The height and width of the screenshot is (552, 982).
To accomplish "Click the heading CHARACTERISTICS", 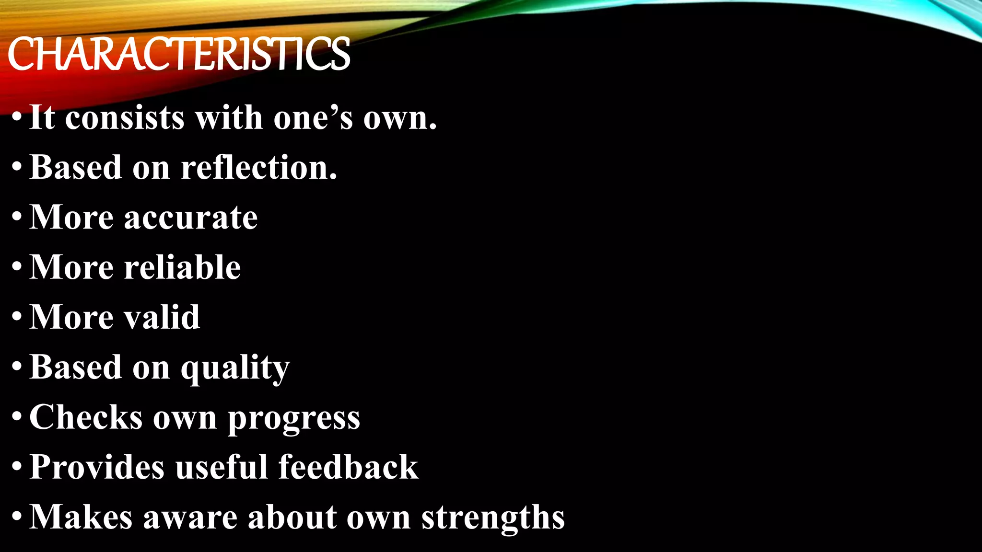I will pyautogui.click(x=178, y=55).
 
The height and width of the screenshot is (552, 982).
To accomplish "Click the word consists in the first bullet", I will pyautogui.click(x=125, y=117).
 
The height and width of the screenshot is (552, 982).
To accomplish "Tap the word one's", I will pyautogui.click(x=313, y=117).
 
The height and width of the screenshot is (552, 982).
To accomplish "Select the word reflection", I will pyautogui.click(x=259, y=168).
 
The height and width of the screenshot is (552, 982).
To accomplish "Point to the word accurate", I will pyautogui.click(x=191, y=218).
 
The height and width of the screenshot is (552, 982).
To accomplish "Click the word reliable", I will pyautogui.click(x=182, y=267).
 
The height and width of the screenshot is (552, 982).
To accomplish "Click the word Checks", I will pyautogui.click(x=86, y=417).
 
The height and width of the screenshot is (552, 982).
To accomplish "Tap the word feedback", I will pyautogui.click(x=348, y=467).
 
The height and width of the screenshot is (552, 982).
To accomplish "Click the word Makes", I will pyautogui.click(x=81, y=517).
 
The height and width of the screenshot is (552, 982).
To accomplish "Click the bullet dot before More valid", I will pyautogui.click(x=17, y=317).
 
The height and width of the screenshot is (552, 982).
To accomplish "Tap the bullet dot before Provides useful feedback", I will pyautogui.click(x=17, y=466).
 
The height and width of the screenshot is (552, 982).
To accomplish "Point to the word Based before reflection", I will pyautogui.click(x=76, y=168).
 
